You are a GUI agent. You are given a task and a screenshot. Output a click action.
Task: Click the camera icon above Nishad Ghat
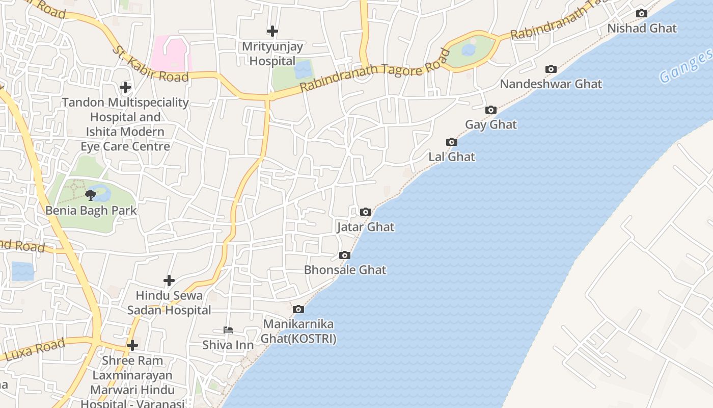coord(642,14)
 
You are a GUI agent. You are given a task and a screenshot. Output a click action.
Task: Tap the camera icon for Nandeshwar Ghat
coord(551,69)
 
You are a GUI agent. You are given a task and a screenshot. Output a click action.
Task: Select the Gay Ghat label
coord(490,124)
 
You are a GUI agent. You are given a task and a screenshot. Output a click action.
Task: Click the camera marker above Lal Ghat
coord(451,142)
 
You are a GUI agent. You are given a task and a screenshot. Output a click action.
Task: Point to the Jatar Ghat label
coord(366,227)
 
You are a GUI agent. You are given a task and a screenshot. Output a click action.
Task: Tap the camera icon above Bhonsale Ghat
coord(345,256)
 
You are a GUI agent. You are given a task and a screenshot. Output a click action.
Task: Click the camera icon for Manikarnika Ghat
coord(298,310)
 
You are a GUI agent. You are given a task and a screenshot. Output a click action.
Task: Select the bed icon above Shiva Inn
coord(228,330)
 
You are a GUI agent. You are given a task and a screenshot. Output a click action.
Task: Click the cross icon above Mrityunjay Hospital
coord(272,32)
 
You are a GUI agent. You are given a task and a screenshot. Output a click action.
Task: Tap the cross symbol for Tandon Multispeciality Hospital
coord(125,87)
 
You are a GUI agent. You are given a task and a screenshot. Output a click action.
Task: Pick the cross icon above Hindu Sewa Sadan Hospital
coord(169,280)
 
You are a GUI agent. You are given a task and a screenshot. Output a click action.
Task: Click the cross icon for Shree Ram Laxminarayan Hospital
coord(132,345)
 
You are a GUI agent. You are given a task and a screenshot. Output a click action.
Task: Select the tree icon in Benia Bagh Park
coord(91,195)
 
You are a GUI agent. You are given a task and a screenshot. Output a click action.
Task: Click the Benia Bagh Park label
coord(91,210)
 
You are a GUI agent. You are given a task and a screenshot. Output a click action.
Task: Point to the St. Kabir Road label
coord(150,65)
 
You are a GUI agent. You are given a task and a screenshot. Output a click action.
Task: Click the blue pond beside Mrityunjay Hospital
coord(304,70)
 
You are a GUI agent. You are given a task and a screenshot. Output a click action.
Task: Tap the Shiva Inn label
coord(228,345)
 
